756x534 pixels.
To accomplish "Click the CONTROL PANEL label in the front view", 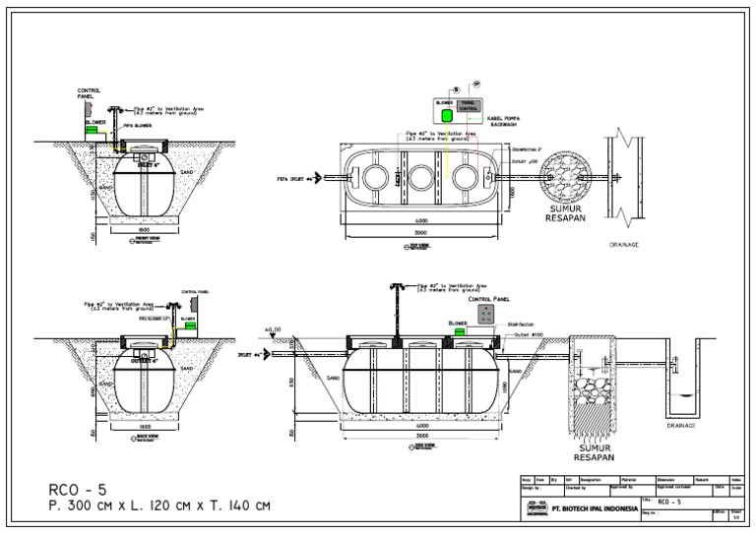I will pos(89,93).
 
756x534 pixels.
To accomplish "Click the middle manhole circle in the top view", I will pos(420,178).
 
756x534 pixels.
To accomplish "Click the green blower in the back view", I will pos(194,326).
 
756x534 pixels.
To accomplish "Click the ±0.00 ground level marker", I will pos(273,330).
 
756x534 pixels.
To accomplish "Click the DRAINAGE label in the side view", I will pos(681,426).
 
